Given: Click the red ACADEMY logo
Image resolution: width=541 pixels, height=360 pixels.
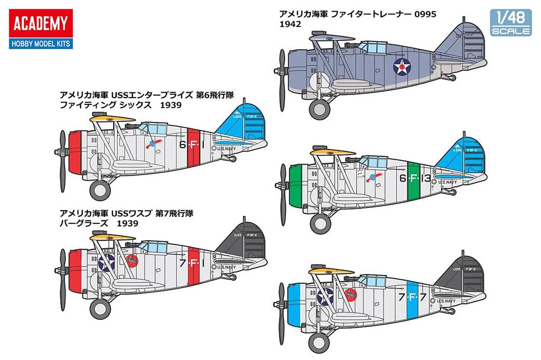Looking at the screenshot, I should [41, 24].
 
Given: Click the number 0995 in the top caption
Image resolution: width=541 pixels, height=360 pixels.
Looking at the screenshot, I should [425, 14].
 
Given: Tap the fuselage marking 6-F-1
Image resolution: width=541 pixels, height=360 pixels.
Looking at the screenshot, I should [195, 144].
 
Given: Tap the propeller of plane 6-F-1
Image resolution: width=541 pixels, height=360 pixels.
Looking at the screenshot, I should [62, 153].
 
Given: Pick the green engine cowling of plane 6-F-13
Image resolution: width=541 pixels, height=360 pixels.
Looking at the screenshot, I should [295, 182].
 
